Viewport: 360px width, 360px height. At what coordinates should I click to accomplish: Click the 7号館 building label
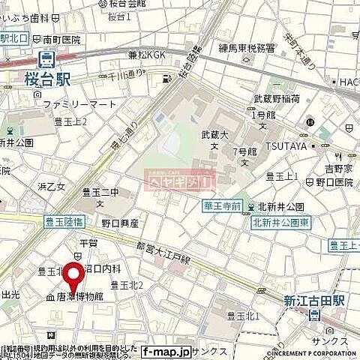click(244, 152)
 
